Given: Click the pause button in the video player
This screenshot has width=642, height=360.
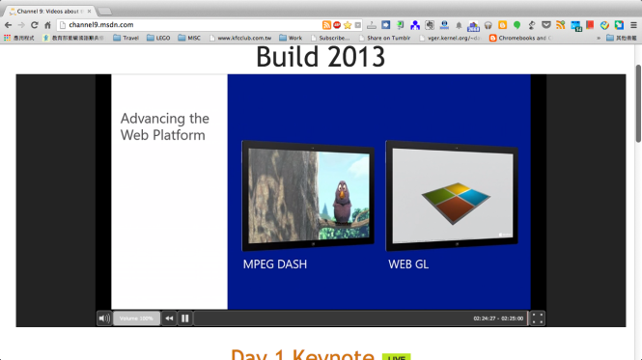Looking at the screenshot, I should click(x=185, y=318).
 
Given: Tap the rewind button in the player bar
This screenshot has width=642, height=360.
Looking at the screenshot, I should click(x=169, y=318).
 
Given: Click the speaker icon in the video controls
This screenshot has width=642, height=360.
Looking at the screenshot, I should click(x=103, y=318).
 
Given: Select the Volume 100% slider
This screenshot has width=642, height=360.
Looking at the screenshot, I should click(x=136, y=318).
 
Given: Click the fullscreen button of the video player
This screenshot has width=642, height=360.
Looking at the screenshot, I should click(x=538, y=318).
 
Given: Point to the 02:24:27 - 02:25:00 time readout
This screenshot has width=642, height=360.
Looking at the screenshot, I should click(x=498, y=318).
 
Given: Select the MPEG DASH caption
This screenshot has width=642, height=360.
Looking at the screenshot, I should click(x=275, y=263).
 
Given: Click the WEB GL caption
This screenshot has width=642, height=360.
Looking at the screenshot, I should click(x=408, y=263).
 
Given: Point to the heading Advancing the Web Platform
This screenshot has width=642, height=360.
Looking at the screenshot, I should click(x=164, y=126).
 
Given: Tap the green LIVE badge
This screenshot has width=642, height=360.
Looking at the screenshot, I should click(x=396, y=357).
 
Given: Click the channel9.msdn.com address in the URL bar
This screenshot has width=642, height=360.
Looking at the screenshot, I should click(x=101, y=24).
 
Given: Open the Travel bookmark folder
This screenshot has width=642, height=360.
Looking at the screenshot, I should click(x=126, y=38).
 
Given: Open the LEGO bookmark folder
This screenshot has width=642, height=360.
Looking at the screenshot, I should click(x=158, y=38).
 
